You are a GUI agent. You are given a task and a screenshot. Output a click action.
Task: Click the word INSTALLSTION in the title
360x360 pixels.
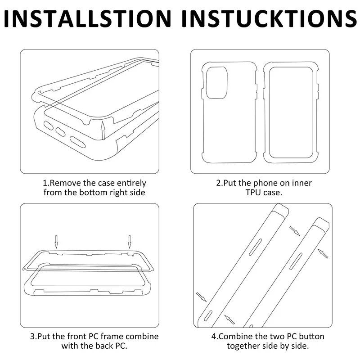pyautogui.click(x=88, y=18)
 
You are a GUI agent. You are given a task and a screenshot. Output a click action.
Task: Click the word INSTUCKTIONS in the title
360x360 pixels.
pyautogui.click(x=269, y=18)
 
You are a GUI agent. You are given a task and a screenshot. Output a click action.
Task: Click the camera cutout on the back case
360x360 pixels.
pyautogui.click(x=217, y=83)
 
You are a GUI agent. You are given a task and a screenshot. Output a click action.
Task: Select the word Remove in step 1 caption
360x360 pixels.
pyautogui.click(x=65, y=183)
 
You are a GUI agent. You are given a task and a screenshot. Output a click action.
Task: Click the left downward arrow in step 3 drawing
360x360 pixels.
pyautogui.click(x=56, y=242)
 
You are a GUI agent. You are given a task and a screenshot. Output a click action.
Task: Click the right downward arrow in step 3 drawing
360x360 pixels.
pyautogui.click(x=130, y=242)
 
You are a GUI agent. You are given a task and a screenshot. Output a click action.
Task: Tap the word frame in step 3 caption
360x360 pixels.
pyautogui.click(x=112, y=336)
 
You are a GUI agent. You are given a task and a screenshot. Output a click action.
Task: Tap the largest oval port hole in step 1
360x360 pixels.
pyautogui.click(x=78, y=142)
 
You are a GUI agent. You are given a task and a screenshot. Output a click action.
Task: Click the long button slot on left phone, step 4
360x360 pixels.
pyautogui.click(x=255, y=247)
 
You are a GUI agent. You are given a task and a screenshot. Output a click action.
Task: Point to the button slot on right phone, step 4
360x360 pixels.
pyautogui.click(x=296, y=261)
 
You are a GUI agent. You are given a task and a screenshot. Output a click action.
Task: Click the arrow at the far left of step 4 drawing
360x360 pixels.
pyautogui.click(x=201, y=297)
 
